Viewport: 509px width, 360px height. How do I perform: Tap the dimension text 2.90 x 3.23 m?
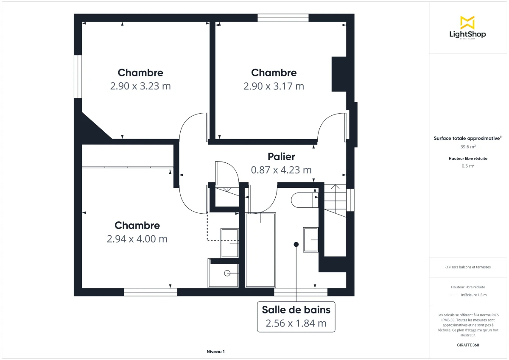pyautogui.click(x=140, y=86)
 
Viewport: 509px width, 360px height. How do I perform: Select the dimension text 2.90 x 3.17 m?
pyautogui.click(x=274, y=86)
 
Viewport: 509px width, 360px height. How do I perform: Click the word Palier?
pyautogui.click(x=281, y=156)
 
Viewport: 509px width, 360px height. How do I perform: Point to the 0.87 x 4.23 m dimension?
pyautogui.click(x=281, y=170)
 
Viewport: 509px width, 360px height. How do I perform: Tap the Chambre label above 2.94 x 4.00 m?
pyautogui.click(x=137, y=226)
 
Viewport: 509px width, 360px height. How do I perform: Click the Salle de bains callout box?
pyautogui.click(x=296, y=316)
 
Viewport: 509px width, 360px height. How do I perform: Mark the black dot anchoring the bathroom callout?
pyautogui.click(x=296, y=244)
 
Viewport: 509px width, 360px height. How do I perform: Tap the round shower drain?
pyautogui.click(x=227, y=273)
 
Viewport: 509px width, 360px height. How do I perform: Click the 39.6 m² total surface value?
pyautogui.click(x=468, y=147)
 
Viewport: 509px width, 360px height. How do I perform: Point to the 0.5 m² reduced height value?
pyautogui.click(x=468, y=166)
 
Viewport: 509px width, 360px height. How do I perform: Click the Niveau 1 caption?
pyautogui.click(x=215, y=352)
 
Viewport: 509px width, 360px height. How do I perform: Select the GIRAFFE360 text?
pyautogui.click(x=468, y=345)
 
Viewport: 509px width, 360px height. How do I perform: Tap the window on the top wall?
pyautogui.click(x=283, y=18)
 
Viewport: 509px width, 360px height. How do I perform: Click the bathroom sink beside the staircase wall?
pyautogui.click(x=310, y=240)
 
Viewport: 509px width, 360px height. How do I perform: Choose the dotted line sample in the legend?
pyautogui.click(x=454, y=295)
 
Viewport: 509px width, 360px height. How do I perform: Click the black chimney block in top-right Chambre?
pyautogui.click(x=339, y=74)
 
